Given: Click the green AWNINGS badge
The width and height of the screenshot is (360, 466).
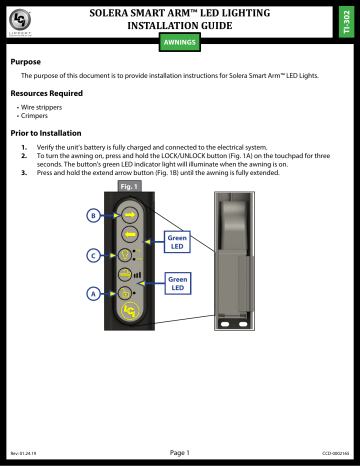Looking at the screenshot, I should pos(179,43).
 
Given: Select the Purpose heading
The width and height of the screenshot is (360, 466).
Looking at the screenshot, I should pos(26,61).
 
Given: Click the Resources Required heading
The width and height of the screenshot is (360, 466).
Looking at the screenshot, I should pos(46,92).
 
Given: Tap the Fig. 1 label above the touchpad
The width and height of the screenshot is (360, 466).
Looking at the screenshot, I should pos(127,185).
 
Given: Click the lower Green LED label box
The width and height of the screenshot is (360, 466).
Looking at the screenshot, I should pos(178,282).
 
